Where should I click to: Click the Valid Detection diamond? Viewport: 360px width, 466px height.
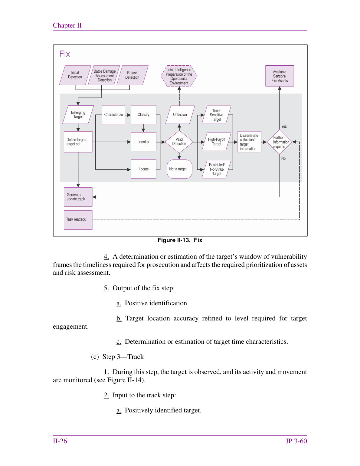coord(179,142)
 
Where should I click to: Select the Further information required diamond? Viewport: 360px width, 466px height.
coord(280,142)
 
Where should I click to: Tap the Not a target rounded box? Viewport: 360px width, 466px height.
coord(179,169)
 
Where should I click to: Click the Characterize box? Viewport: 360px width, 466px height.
coord(113,114)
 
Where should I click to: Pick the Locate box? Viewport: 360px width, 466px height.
coord(143,169)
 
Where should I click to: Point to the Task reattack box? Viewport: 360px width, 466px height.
coord(78,220)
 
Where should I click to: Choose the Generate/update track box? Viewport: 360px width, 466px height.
coord(78,197)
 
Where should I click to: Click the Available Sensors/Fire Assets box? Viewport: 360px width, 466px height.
coord(280,76)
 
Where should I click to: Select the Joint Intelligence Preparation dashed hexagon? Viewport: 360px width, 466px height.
coord(179,76)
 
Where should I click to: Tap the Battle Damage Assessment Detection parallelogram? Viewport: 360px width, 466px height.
coord(104,75)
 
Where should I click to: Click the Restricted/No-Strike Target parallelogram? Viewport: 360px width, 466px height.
coord(217,169)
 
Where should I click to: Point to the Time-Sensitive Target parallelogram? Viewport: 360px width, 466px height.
coord(217,115)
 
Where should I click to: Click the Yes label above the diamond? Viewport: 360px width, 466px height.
coord(284,126)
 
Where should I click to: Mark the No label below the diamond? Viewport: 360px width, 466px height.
coord(283,159)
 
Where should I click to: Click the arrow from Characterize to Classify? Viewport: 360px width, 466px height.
coord(128,115)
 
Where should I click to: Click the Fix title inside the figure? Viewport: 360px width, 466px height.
coord(64,54)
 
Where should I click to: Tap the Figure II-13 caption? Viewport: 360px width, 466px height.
coord(180,240)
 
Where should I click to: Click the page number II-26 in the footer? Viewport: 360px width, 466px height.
coord(60,441)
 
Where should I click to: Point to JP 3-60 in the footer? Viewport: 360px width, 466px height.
coord(296,441)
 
